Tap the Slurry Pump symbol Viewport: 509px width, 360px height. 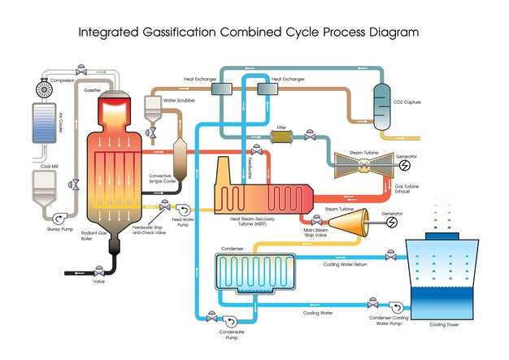click(59, 219)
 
